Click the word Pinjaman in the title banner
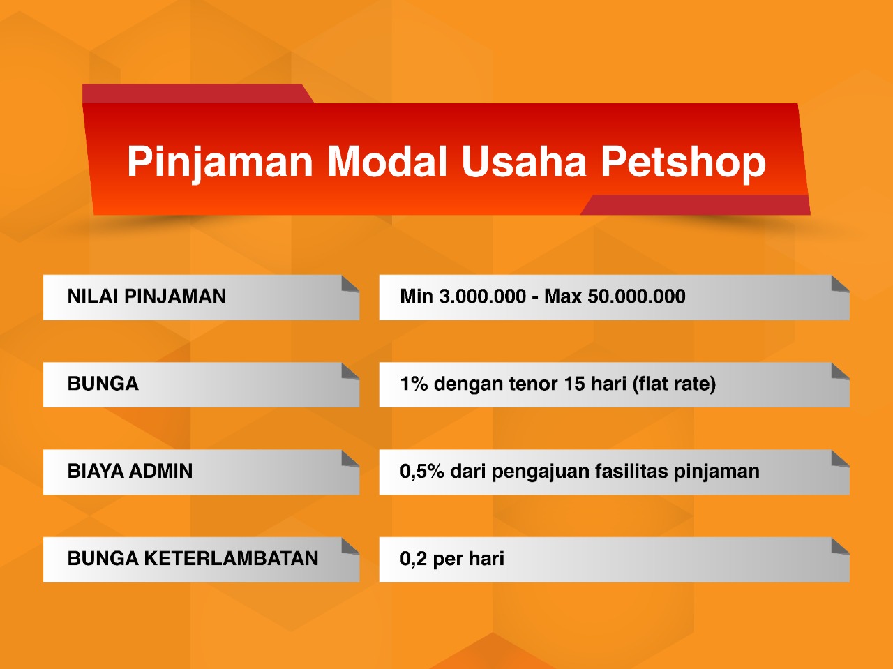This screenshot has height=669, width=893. click(x=220, y=162)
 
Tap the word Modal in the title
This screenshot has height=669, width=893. click(x=387, y=160)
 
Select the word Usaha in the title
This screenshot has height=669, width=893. click(x=524, y=160)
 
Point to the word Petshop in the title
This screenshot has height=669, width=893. click(x=684, y=162)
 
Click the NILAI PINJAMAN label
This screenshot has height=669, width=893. click(x=147, y=296)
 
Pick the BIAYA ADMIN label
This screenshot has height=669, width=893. click(x=130, y=471)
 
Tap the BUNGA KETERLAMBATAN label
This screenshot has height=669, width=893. click(x=193, y=558)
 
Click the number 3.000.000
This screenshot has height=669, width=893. click(x=483, y=296)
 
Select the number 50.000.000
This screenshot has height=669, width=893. click(x=637, y=296)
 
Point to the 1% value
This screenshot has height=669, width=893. click(x=414, y=384)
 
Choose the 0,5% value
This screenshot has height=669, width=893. click(x=422, y=472)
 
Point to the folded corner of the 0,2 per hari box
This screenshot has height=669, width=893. click(x=839, y=546)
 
